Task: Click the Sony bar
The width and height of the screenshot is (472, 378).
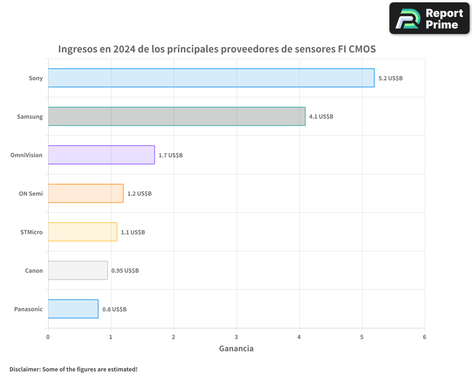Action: click(211, 78)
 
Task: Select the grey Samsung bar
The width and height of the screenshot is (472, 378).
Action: click(177, 116)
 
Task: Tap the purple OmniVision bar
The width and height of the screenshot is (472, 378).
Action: click(101, 155)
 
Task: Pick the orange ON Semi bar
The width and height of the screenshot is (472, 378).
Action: click(85, 193)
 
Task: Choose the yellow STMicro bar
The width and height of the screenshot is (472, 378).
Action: click(83, 232)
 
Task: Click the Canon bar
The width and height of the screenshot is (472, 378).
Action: click(78, 270)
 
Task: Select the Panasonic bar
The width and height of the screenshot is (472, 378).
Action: click(73, 309)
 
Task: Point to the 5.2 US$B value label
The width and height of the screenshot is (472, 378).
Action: click(390, 78)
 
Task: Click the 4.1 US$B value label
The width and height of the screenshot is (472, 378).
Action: click(321, 117)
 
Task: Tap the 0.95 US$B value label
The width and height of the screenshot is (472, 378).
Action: click(125, 271)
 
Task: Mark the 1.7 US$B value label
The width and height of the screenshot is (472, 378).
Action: click(170, 155)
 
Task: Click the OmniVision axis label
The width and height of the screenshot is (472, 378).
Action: click(26, 155)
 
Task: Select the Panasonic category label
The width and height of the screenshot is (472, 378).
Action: click(28, 309)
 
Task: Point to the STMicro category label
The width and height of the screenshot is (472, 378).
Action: click(32, 232)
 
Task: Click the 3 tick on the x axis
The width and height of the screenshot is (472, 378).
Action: click(236, 337)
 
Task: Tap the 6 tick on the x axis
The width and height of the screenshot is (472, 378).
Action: click(424, 337)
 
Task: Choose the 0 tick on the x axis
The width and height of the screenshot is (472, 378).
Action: click(48, 337)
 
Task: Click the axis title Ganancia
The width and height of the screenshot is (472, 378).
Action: click(236, 349)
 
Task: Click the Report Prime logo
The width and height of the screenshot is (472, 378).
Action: click(429, 18)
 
